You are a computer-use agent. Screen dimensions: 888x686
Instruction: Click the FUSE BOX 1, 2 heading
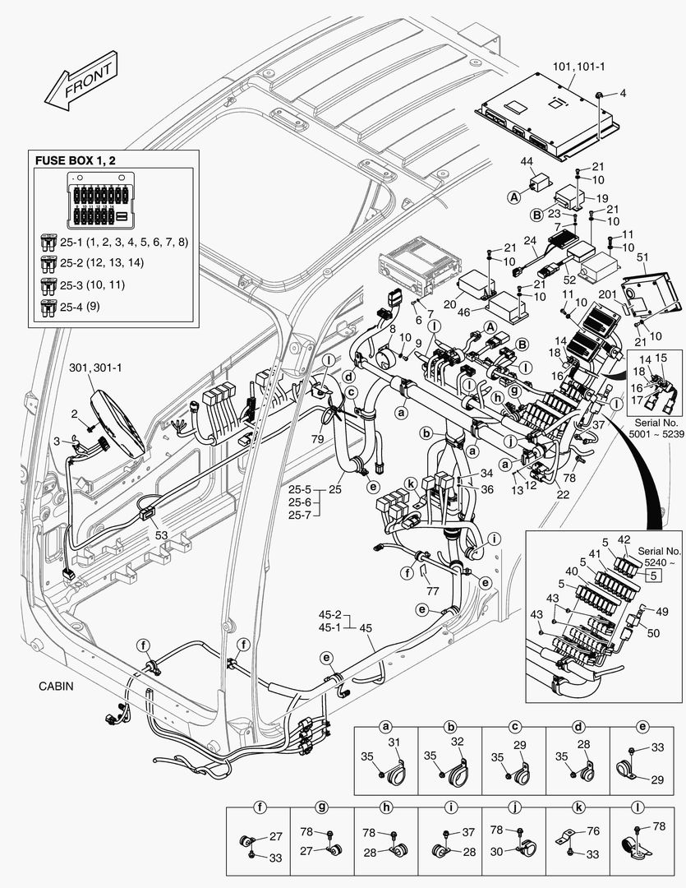73,159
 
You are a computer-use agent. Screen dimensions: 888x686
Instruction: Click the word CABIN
58,685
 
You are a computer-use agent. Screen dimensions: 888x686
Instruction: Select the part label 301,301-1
96,368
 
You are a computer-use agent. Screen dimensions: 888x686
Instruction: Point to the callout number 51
642,257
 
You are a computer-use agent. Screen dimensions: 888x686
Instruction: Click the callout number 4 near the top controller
622,94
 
